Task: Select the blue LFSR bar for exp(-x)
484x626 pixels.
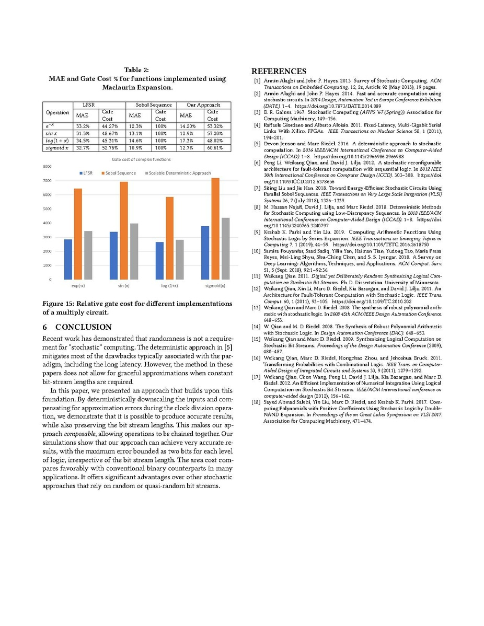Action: [68, 259]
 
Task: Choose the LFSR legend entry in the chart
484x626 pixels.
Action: [85, 172]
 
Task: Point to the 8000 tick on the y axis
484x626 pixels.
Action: [47, 167]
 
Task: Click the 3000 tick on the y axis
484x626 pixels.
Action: [47, 237]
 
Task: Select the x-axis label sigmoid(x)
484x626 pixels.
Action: [215, 286]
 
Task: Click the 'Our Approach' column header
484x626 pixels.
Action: [204, 105]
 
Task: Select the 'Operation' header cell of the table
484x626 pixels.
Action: [57, 112]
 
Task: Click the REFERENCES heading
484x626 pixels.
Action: [279, 71]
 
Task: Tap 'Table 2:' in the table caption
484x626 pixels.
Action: [136, 70]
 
